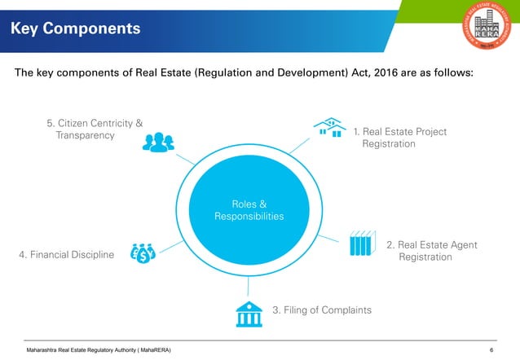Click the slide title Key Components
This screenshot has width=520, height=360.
(75, 29)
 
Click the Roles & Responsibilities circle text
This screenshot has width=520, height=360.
(249, 210)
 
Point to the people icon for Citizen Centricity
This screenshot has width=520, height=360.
(156, 143)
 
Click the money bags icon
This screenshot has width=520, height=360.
(142, 253)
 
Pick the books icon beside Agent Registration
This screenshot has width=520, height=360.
(360, 244)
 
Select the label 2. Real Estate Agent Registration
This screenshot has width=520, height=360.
(430, 251)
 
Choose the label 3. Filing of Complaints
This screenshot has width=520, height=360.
(321, 310)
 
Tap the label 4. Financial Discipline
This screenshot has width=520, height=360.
(66, 256)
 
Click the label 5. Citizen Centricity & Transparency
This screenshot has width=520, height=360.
(94, 130)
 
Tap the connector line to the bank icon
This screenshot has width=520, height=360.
(248, 285)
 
